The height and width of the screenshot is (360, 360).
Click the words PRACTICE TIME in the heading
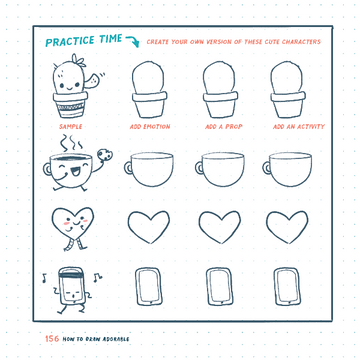(84, 41)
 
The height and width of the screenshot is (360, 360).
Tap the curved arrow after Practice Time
(133, 41)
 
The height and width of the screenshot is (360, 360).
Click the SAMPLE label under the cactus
(70, 128)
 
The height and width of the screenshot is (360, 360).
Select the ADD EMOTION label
(149, 128)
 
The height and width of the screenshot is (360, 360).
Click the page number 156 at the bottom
(52, 338)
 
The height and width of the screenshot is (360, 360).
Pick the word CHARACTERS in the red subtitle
(301, 42)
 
